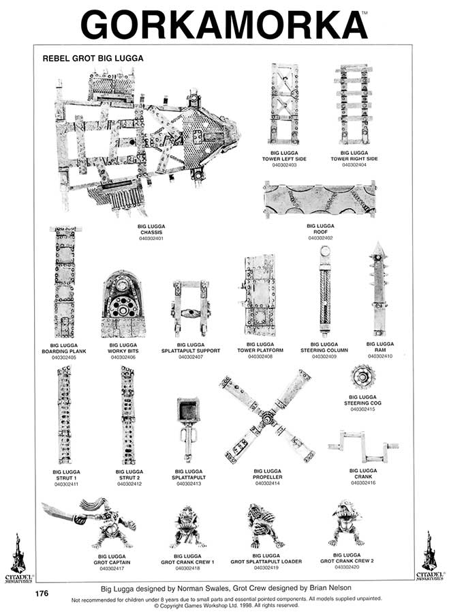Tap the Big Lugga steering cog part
pyautogui.click(x=362, y=377)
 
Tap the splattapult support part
pyautogui.click(x=190, y=310)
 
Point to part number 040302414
pyautogui.click(x=268, y=484)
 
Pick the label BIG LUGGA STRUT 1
pyautogui.click(x=66, y=475)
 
